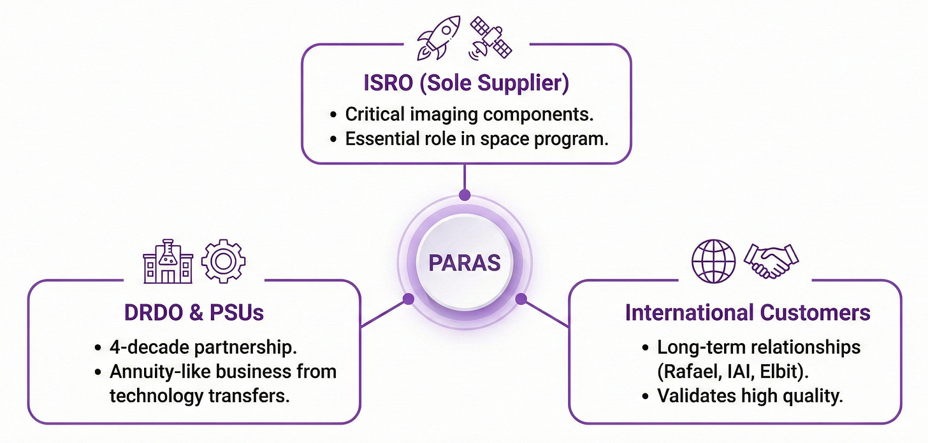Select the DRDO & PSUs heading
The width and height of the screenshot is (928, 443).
pos(194,313)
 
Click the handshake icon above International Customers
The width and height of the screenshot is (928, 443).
pos(770,261)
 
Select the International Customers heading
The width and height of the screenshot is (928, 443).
pos(748,313)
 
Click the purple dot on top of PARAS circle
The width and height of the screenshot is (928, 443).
pos(464,195)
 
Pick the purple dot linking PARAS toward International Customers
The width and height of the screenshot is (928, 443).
pos(520,298)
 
